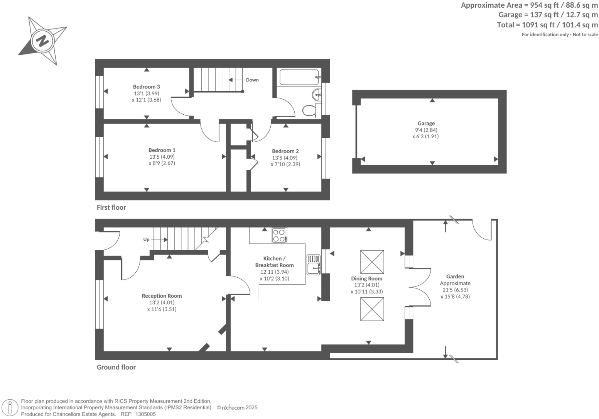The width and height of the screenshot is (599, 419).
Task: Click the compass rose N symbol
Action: point(42,40)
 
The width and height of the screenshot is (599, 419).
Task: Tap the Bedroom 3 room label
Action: point(146,87)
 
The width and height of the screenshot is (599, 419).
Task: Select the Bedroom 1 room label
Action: point(162,150)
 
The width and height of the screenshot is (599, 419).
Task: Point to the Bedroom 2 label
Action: point(285,151)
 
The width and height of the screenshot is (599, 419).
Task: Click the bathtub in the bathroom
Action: point(299,77)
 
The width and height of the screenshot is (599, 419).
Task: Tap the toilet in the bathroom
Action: point(309,110)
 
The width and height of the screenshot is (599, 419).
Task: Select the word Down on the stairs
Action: point(252,80)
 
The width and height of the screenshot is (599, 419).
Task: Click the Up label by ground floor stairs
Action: point(146,239)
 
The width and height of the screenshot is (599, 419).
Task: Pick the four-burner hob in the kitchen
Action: point(279,236)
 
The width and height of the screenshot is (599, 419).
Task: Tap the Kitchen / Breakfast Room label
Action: point(274,262)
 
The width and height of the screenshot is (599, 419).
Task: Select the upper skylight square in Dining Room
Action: point(372,262)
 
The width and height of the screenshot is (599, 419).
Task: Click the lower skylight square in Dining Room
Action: point(372,309)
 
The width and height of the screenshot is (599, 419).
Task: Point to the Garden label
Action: point(455,277)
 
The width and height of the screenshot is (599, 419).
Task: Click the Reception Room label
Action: point(162,296)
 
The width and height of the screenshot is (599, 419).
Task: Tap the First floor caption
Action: point(111,207)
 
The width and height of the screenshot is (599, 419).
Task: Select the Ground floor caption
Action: point(116,367)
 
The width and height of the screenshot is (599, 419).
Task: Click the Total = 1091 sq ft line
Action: point(547,25)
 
